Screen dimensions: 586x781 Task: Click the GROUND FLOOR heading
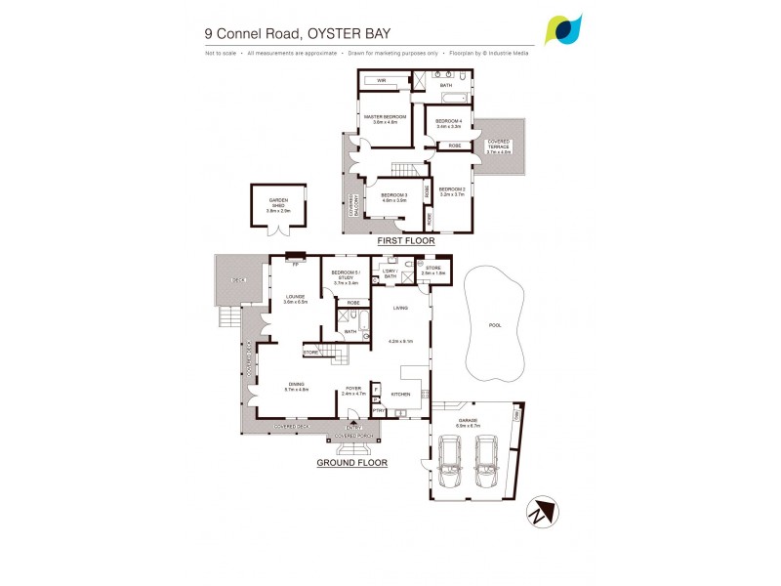352,463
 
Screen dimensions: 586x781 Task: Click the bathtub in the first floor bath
450,99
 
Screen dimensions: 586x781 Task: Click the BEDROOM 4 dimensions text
448,127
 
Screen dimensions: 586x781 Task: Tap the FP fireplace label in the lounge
295,263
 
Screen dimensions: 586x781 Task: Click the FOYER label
353,388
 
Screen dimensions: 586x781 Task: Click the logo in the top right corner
564,29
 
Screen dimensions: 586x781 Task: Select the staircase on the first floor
403,167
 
